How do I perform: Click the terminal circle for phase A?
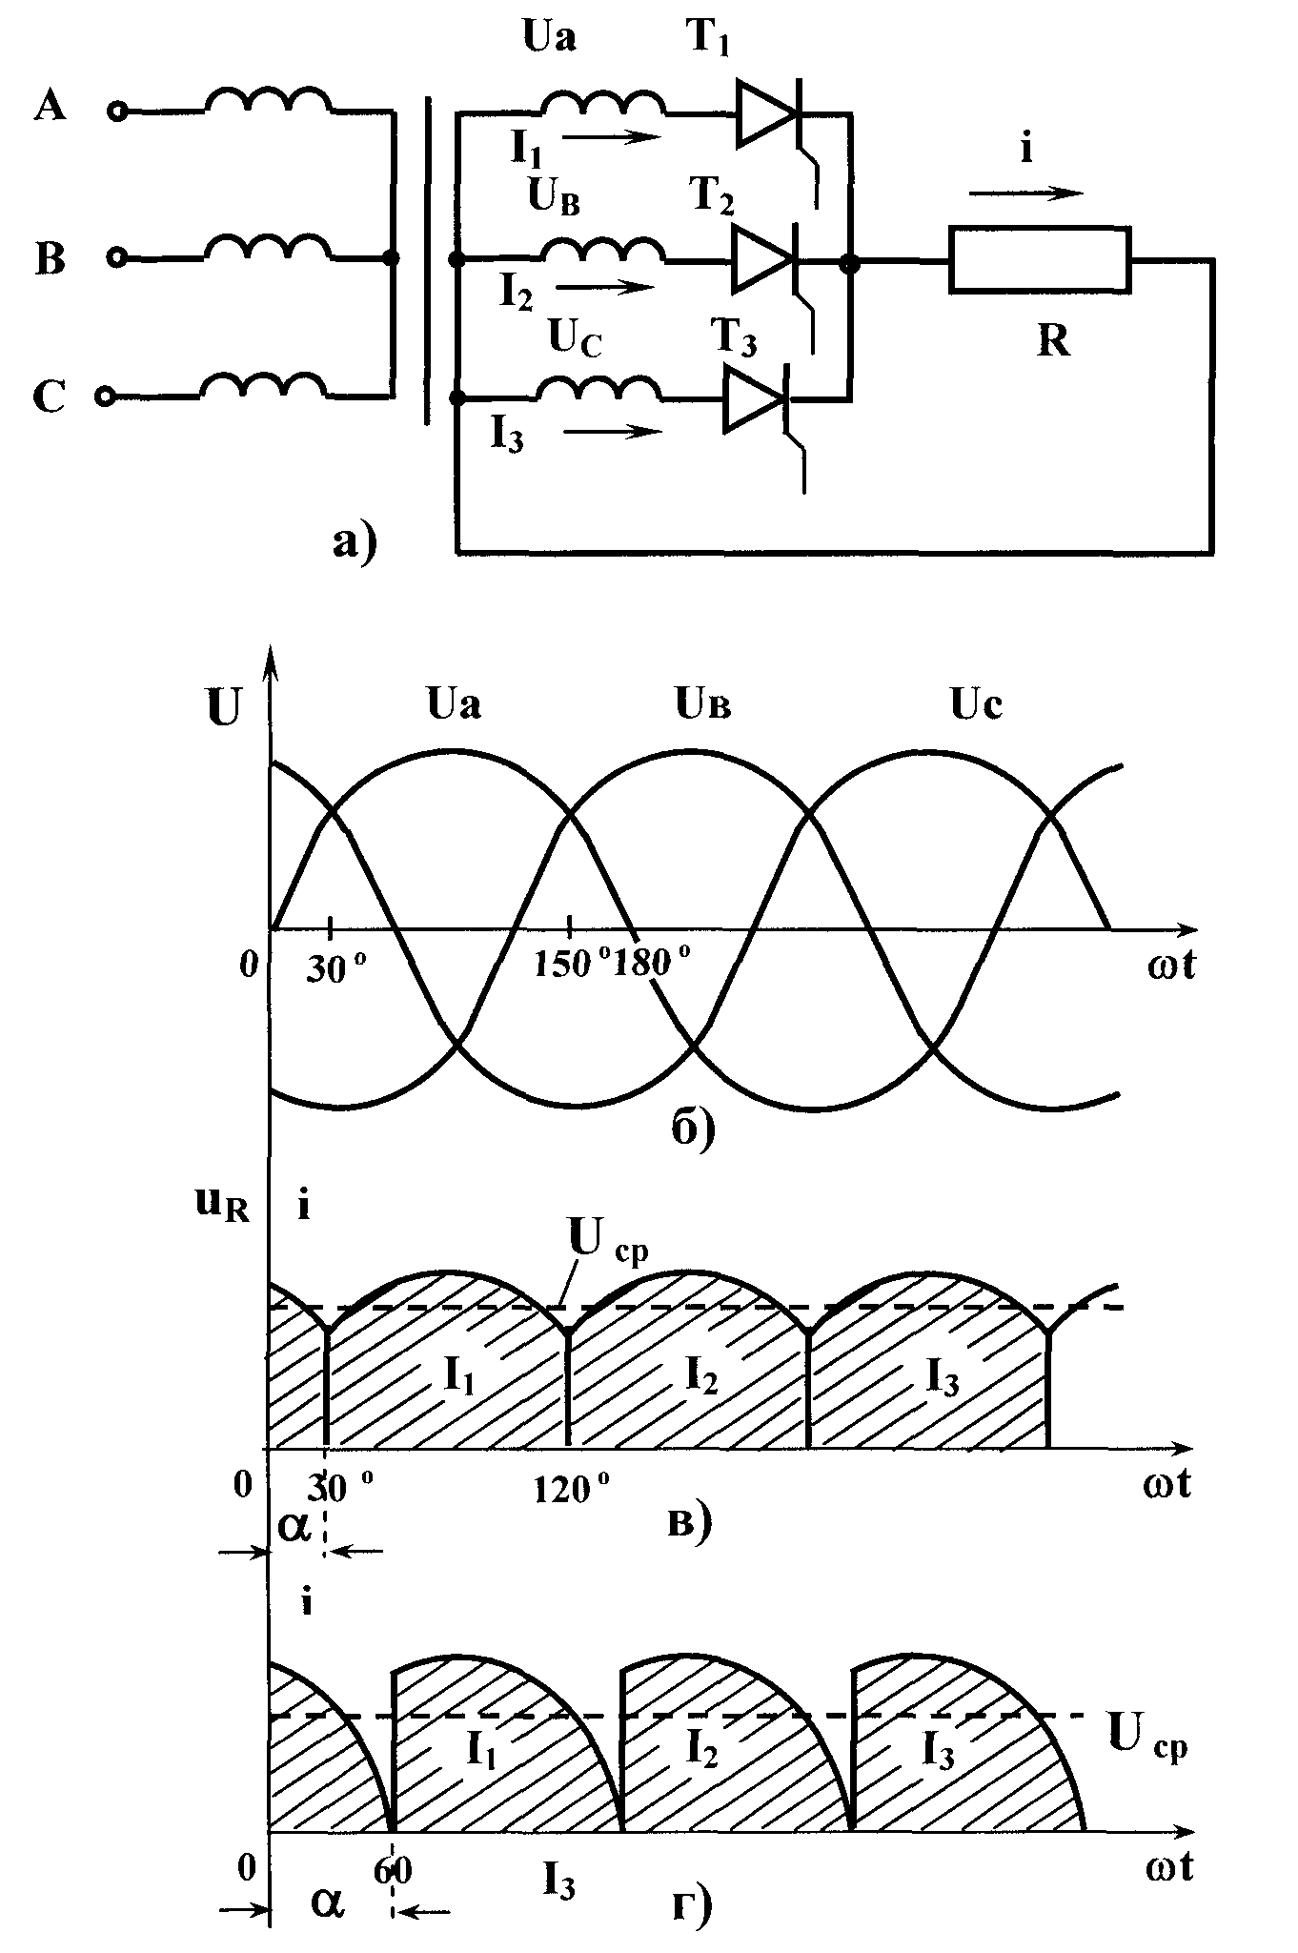117,112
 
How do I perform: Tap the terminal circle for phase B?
116,257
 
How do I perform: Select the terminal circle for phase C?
108,395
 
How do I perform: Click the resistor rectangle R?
1040,258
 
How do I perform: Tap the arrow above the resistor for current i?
1027,193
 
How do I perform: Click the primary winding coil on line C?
264,383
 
